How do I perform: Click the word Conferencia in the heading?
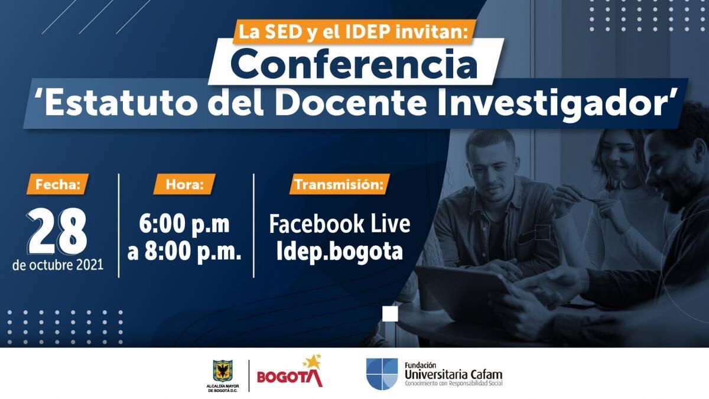[x=354, y=63]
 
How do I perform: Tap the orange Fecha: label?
[x=58, y=184]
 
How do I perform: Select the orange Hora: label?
[x=184, y=184]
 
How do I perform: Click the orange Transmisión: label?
[x=339, y=184]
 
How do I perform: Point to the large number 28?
[x=57, y=231]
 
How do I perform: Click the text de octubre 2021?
[x=58, y=265]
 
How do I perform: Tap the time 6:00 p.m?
[x=184, y=224]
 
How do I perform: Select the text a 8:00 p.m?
[x=184, y=252]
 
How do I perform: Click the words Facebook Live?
[x=340, y=224]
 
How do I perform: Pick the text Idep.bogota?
[x=340, y=252]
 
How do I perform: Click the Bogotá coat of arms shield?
[x=223, y=371]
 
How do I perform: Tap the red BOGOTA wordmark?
[x=290, y=378]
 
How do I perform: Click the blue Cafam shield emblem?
[x=382, y=374]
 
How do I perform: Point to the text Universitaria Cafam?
[x=454, y=375]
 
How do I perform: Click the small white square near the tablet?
[x=390, y=314]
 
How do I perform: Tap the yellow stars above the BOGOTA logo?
[x=313, y=361]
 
